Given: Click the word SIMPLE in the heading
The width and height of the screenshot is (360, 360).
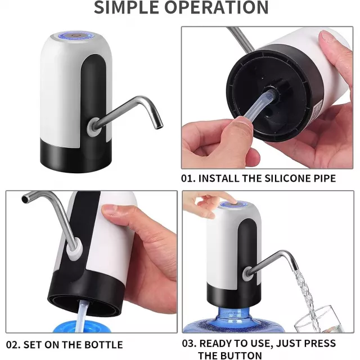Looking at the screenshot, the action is pyautogui.click(x=126, y=7).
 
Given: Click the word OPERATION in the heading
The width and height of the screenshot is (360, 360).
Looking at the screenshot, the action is pyautogui.click(x=216, y=7).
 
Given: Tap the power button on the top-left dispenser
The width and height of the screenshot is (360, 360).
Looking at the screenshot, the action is pyautogui.click(x=75, y=35).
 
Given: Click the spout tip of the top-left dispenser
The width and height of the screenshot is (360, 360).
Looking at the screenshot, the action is pyautogui.click(x=159, y=126).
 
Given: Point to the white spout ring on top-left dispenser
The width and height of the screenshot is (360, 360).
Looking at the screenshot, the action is pyautogui.click(x=93, y=127).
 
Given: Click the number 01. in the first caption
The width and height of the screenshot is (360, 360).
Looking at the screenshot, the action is pyautogui.click(x=188, y=178).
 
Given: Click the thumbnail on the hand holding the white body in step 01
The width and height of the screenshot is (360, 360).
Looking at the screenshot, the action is pyautogui.click(x=330, y=37).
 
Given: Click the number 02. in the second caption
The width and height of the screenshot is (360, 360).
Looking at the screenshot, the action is pyautogui.click(x=13, y=345).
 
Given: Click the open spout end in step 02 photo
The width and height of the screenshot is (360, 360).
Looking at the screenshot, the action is pyautogui.click(x=25, y=199).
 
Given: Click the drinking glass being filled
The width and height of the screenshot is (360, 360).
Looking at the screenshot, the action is pyautogui.click(x=319, y=319).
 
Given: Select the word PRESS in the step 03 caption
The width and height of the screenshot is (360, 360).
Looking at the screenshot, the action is pyautogui.click(x=319, y=343).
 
